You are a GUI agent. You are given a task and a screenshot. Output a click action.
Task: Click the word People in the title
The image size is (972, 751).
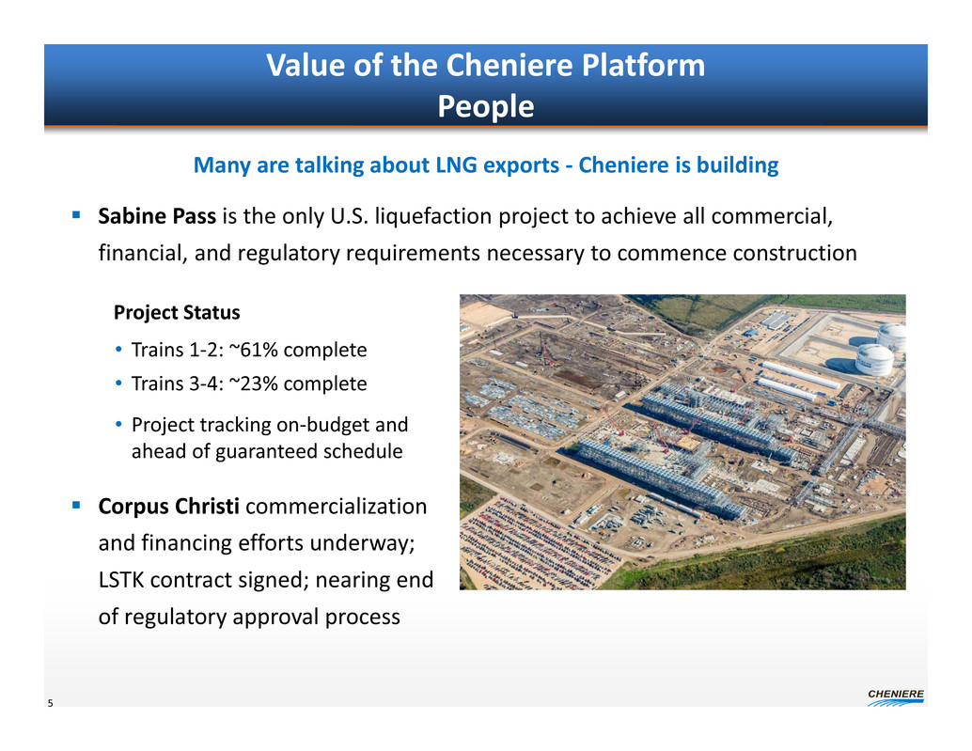pos(485,106)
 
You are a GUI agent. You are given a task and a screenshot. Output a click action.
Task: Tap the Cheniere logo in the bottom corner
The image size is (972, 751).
pos(896,697)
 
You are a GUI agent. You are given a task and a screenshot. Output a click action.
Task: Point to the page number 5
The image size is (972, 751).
pos(50,703)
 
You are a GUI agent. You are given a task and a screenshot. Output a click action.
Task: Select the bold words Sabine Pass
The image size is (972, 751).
pos(157,216)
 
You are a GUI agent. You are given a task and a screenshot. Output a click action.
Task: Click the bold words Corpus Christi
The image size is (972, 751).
pos(168,507)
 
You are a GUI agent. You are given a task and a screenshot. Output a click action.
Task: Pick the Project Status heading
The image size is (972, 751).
pos(177,312)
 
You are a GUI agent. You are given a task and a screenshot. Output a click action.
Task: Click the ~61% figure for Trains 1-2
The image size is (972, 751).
pos(253,350)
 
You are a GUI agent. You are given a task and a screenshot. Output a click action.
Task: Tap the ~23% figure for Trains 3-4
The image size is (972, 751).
pos(253,383)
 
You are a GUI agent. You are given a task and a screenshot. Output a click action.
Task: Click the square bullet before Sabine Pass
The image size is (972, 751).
pos(76,215)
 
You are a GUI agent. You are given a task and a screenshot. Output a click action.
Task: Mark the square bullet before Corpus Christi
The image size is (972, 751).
pos(76,506)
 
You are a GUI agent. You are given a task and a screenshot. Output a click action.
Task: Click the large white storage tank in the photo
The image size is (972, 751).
pos(874,360)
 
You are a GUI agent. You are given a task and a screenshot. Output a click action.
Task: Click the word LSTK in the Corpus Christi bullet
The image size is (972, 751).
pos(121,580)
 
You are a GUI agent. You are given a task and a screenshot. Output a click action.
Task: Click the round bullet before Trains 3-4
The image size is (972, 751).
pos(118,383)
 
